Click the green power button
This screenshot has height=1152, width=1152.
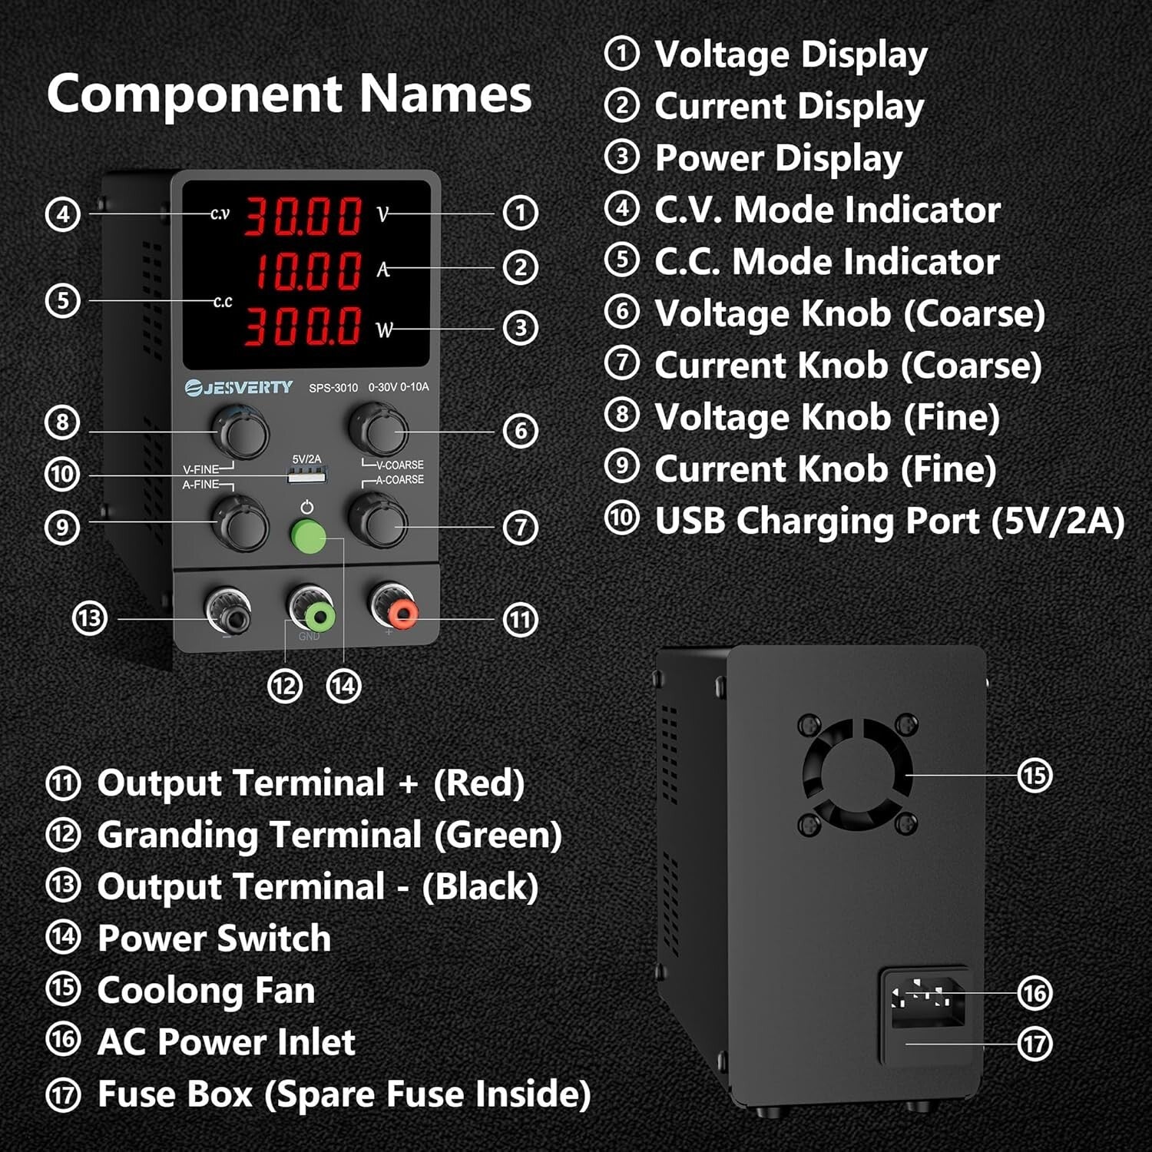click(x=308, y=537)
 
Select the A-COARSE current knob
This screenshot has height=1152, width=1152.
click(x=379, y=521)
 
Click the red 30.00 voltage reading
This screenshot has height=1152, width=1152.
click(x=303, y=216)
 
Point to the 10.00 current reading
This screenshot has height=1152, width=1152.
click(x=307, y=270)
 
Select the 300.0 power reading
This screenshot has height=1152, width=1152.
click(x=303, y=326)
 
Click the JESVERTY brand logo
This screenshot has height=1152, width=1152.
click(x=239, y=387)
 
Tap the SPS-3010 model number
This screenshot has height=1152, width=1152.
click(x=333, y=388)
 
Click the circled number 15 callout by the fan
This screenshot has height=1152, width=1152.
click(x=1034, y=775)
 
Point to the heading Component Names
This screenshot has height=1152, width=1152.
click(x=289, y=94)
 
